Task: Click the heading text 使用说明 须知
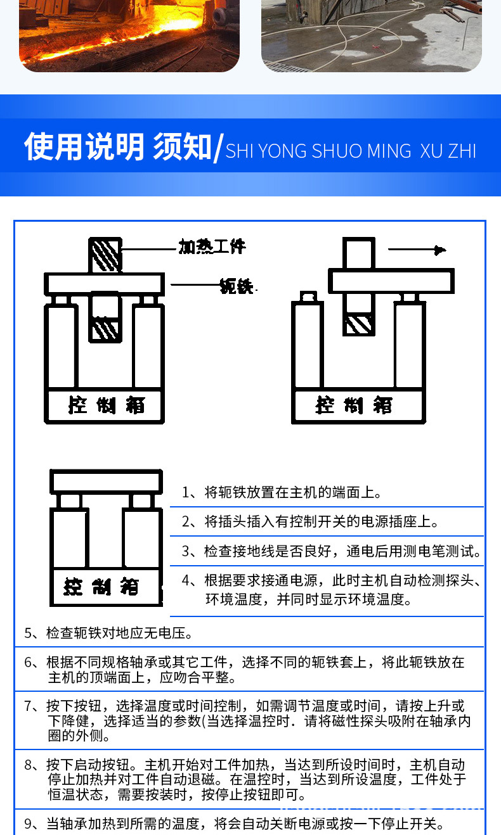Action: point(118,147)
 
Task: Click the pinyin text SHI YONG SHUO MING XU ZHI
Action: point(351,151)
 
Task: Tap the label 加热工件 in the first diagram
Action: point(211,246)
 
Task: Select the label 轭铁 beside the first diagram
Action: point(237,286)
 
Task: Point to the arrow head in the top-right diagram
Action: point(439,250)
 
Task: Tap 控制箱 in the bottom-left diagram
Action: point(101,587)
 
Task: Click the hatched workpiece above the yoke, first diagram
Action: point(105,255)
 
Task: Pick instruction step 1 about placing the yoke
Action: point(282,492)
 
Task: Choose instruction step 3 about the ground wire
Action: point(331,551)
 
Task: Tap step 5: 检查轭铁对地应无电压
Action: point(108,632)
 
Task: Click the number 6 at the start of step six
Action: point(29,663)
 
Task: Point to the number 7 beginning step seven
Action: point(29,706)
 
